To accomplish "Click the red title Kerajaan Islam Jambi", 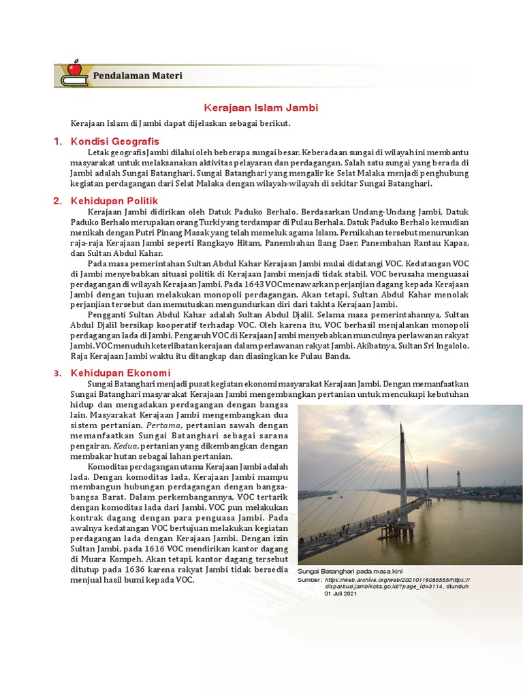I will pyautogui.click(x=261, y=108).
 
